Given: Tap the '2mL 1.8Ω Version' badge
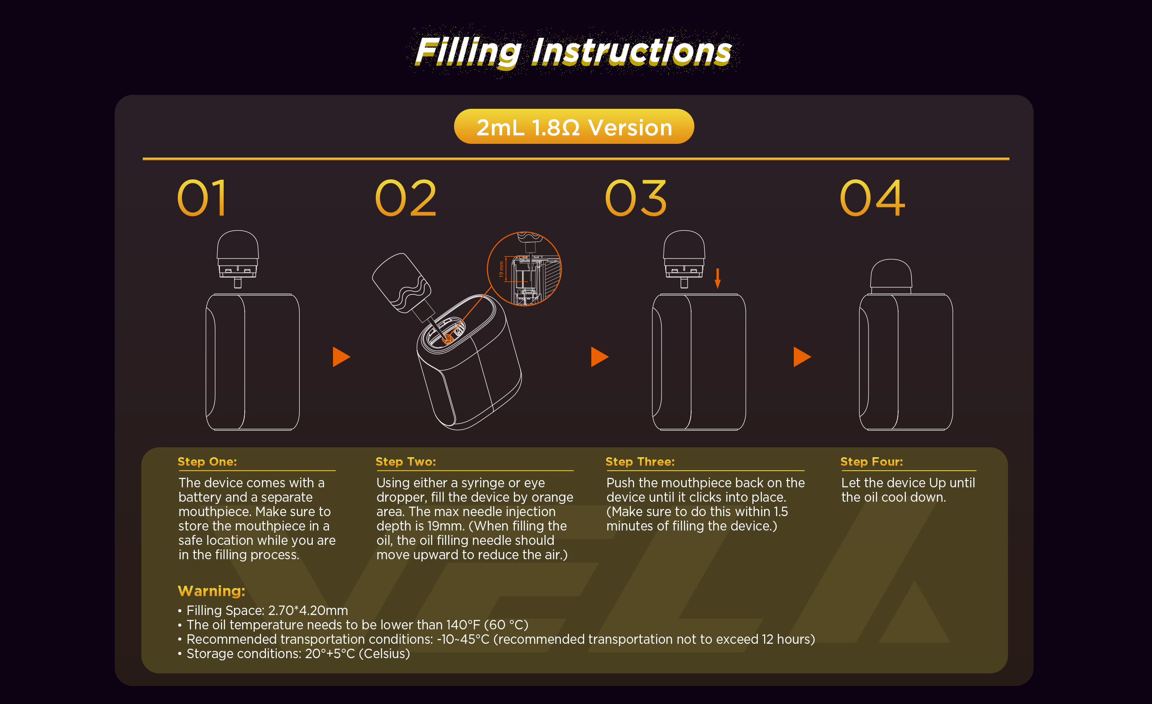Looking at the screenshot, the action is click(x=574, y=127).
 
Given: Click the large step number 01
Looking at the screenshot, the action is click(x=202, y=198).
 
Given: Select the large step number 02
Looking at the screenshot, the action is click(x=405, y=198).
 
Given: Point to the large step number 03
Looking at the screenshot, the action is click(x=635, y=198).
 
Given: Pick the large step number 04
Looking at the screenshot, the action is click(x=872, y=198).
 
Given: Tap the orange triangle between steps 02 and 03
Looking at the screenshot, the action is click(x=600, y=357).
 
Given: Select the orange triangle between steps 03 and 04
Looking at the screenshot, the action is click(x=802, y=357).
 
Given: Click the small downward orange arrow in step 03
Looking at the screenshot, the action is click(x=718, y=278).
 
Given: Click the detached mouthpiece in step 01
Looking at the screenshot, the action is click(x=238, y=259).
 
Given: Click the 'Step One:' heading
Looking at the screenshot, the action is click(x=207, y=462).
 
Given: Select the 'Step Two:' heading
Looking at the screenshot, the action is click(x=406, y=462).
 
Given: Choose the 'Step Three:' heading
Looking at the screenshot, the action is click(x=640, y=462).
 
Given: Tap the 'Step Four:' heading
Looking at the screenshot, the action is click(x=872, y=462).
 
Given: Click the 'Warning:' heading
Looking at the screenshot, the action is click(x=211, y=591).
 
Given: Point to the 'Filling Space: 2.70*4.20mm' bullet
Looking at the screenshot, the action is click(x=263, y=610).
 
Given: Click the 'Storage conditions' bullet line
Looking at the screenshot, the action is click(x=293, y=654).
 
